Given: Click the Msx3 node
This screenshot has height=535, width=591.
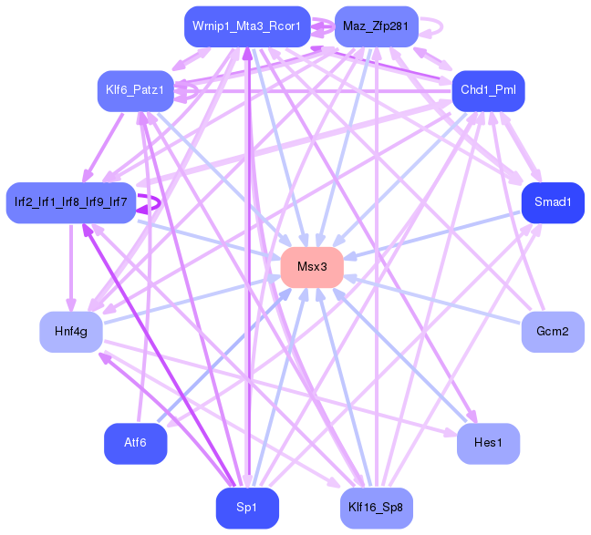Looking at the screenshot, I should click(x=312, y=267).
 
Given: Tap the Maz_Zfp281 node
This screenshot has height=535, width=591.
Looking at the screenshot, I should click(x=376, y=26).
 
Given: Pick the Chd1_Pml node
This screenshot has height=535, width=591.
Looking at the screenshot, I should click(x=488, y=90).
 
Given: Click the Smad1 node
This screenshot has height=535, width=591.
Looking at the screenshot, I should click(x=553, y=202).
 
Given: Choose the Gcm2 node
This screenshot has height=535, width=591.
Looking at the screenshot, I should click(x=553, y=332).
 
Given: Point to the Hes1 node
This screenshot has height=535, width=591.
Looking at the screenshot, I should click(x=488, y=443).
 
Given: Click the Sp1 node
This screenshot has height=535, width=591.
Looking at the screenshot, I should click(x=246, y=508).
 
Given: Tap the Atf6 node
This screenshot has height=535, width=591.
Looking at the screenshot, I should click(x=135, y=443).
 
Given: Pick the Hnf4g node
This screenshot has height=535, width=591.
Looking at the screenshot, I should click(x=70, y=332).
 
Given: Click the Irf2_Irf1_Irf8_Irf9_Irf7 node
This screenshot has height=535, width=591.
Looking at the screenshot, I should click(x=70, y=202).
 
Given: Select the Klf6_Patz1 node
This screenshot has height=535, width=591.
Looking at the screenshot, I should click(x=135, y=90).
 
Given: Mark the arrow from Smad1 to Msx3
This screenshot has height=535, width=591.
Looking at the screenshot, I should click(x=438, y=232).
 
